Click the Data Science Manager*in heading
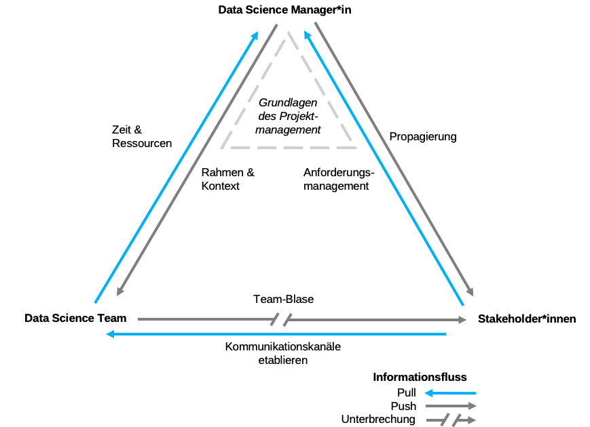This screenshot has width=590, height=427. tap(284, 9)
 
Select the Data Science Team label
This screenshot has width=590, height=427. tap(75, 318)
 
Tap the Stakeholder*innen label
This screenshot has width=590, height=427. tap(527, 319)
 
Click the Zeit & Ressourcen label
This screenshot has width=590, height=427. tap(142, 136)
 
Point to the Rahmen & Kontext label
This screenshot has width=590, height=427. tap(227, 179)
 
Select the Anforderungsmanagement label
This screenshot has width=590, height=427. tap(338, 179)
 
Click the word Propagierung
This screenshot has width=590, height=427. tap(422, 136)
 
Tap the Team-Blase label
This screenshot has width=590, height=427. tap(283, 299)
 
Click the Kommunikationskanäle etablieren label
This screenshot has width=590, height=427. tap(283, 353)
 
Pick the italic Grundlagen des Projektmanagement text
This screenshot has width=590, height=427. tap(289, 116)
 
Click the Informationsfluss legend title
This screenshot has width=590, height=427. tap(420, 377)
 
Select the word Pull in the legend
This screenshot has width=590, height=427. tap(407, 392)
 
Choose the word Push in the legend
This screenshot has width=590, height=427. tap(404, 406)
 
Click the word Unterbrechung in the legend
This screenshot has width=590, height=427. tap(378, 420)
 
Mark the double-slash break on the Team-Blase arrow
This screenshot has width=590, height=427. tap(281, 319)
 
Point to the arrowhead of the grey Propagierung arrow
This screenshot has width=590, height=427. tap(470, 292)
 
